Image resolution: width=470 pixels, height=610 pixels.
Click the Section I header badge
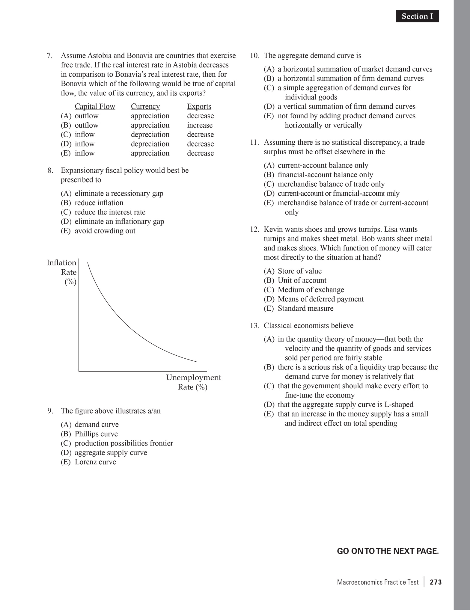pyautogui.click(x=417, y=16)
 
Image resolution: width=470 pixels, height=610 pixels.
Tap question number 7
pyautogui.click(x=49, y=56)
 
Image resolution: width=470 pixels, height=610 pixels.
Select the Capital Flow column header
pyautogui.click(x=95, y=107)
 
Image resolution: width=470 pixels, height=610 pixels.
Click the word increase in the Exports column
pyautogui.click(x=200, y=125)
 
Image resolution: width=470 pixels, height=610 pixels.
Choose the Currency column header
pyautogui.click(x=145, y=107)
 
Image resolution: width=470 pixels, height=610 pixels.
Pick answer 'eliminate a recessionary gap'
pyautogui.click(x=119, y=193)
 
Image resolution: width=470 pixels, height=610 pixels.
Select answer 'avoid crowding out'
pyautogui.click(x=105, y=231)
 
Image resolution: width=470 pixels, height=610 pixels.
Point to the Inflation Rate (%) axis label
pyautogui.click(x=62, y=272)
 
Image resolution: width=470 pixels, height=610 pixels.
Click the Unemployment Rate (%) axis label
pyautogui.click(x=193, y=382)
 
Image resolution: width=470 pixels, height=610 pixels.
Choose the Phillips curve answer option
pyautogui.click(x=96, y=434)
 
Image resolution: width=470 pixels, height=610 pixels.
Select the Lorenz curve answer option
pyautogui.click(x=95, y=462)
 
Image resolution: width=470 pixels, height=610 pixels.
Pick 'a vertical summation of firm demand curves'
pyautogui.click(x=346, y=107)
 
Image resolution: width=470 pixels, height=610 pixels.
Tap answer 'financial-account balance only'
pyautogui.click(x=325, y=175)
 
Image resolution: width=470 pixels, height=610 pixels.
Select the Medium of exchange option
pyautogui.click(x=311, y=290)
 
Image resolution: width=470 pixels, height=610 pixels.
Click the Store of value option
pyautogui.click(x=299, y=271)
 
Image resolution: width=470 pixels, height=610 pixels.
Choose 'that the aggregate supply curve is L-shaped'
pyautogui.click(x=345, y=404)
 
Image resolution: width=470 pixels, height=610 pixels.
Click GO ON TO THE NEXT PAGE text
pyautogui.click(x=388, y=551)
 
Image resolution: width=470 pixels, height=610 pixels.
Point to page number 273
pyautogui.click(x=436, y=582)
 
